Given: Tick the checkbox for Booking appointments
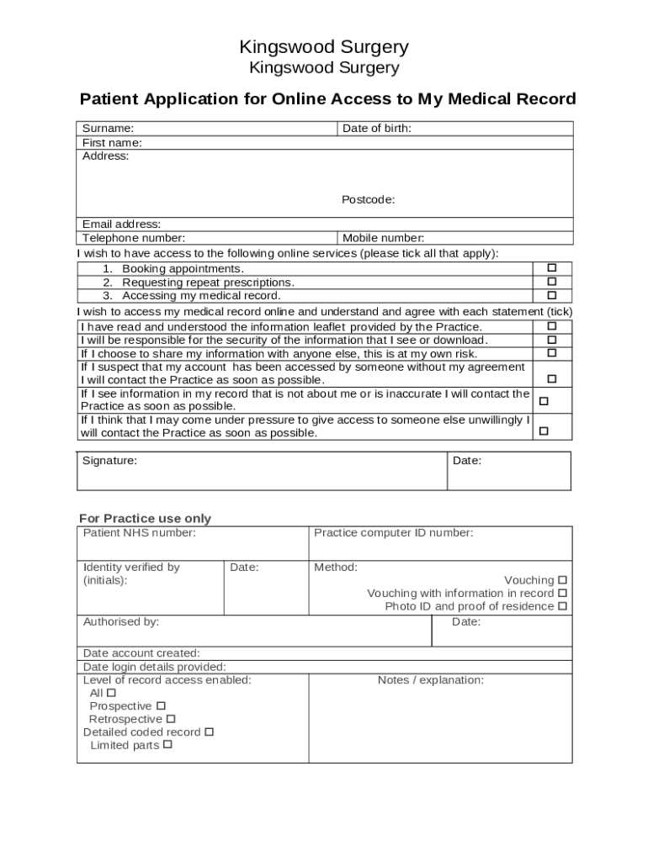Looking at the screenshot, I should pyautogui.click(x=552, y=268).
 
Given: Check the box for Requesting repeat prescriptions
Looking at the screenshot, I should pyautogui.click(x=552, y=282).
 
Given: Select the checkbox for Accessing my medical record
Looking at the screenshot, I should pyautogui.click(x=552, y=295).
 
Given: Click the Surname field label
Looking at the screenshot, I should pyautogui.click(x=108, y=129).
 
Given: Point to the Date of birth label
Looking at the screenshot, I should pyautogui.click(x=376, y=129).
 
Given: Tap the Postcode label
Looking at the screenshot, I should pyautogui.click(x=368, y=199).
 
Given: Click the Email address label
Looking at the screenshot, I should pyautogui.click(x=121, y=224).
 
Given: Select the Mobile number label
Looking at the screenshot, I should pyautogui.click(x=383, y=238).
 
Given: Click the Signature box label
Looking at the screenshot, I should pyautogui.click(x=109, y=461).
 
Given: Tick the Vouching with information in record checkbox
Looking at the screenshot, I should pyautogui.click(x=562, y=593).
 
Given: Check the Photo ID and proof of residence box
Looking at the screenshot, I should pyautogui.click(x=562, y=605).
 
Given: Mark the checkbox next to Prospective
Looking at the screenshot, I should pyautogui.click(x=161, y=705).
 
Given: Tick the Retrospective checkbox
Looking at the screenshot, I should pyautogui.click(x=171, y=719).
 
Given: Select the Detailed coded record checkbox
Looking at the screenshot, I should pyautogui.click(x=209, y=732).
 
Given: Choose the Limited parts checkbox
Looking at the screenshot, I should pyautogui.click(x=167, y=744).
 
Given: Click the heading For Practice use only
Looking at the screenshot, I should pyautogui.click(x=145, y=518).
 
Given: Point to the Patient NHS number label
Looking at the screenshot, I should pyautogui.click(x=139, y=532).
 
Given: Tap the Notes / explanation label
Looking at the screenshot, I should pyautogui.click(x=430, y=679).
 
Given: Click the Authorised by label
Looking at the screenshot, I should pyautogui.click(x=120, y=621).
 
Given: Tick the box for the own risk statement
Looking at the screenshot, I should pyautogui.click(x=552, y=353).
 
